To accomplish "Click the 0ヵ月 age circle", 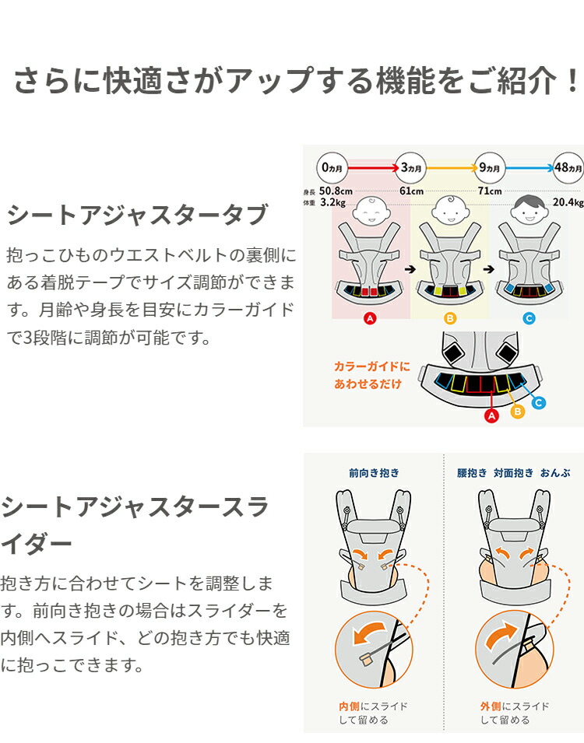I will point(332,167).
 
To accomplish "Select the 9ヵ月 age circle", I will point(490,167).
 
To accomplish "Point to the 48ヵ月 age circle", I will point(567,167).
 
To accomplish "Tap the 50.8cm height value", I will point(336,191).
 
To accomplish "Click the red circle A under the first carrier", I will point(371,317).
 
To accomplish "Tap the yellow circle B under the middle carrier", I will point(450,317).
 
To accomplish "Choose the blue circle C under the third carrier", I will point(529,317).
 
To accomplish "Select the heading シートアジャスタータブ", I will point(137,215).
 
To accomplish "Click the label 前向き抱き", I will point(373,471).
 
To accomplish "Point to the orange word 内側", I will point(347,706).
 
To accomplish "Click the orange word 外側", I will point(490,706).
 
